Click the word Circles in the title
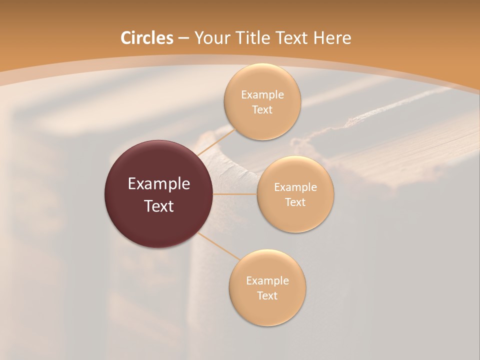146,38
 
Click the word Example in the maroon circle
158,184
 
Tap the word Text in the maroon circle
158,206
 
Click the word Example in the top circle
262,95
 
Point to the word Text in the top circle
262,110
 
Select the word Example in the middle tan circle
295,187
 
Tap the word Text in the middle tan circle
295,202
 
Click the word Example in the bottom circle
267,281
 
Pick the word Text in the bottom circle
267,296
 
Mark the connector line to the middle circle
235,194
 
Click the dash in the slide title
183,38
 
